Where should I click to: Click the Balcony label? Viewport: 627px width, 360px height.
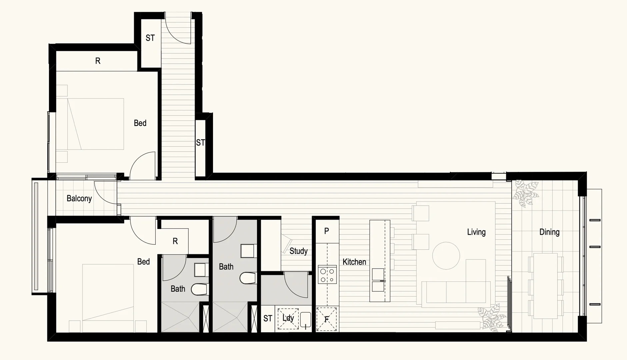(79, 199)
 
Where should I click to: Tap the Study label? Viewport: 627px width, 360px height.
(298, 251)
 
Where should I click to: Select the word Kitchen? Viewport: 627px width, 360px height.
(354, 262)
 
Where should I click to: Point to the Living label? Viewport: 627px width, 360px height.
(476, 232)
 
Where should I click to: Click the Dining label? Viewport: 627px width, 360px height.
(549, 232)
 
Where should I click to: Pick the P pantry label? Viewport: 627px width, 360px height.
(327, 231)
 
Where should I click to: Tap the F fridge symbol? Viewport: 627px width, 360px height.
(327, 319)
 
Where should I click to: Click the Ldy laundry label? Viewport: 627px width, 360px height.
(288, 318)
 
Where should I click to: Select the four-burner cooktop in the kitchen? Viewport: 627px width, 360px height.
(327, 275)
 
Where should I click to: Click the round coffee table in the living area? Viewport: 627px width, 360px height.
(446, 256)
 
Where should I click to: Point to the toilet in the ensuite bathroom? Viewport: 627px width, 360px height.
(199, 289)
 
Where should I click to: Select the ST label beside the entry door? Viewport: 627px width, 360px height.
(150, 38)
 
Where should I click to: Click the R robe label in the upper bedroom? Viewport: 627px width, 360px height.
(98, 61)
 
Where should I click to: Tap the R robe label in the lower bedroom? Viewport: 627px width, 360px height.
(175, 241)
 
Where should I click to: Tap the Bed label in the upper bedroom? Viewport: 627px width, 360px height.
(140, 123)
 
